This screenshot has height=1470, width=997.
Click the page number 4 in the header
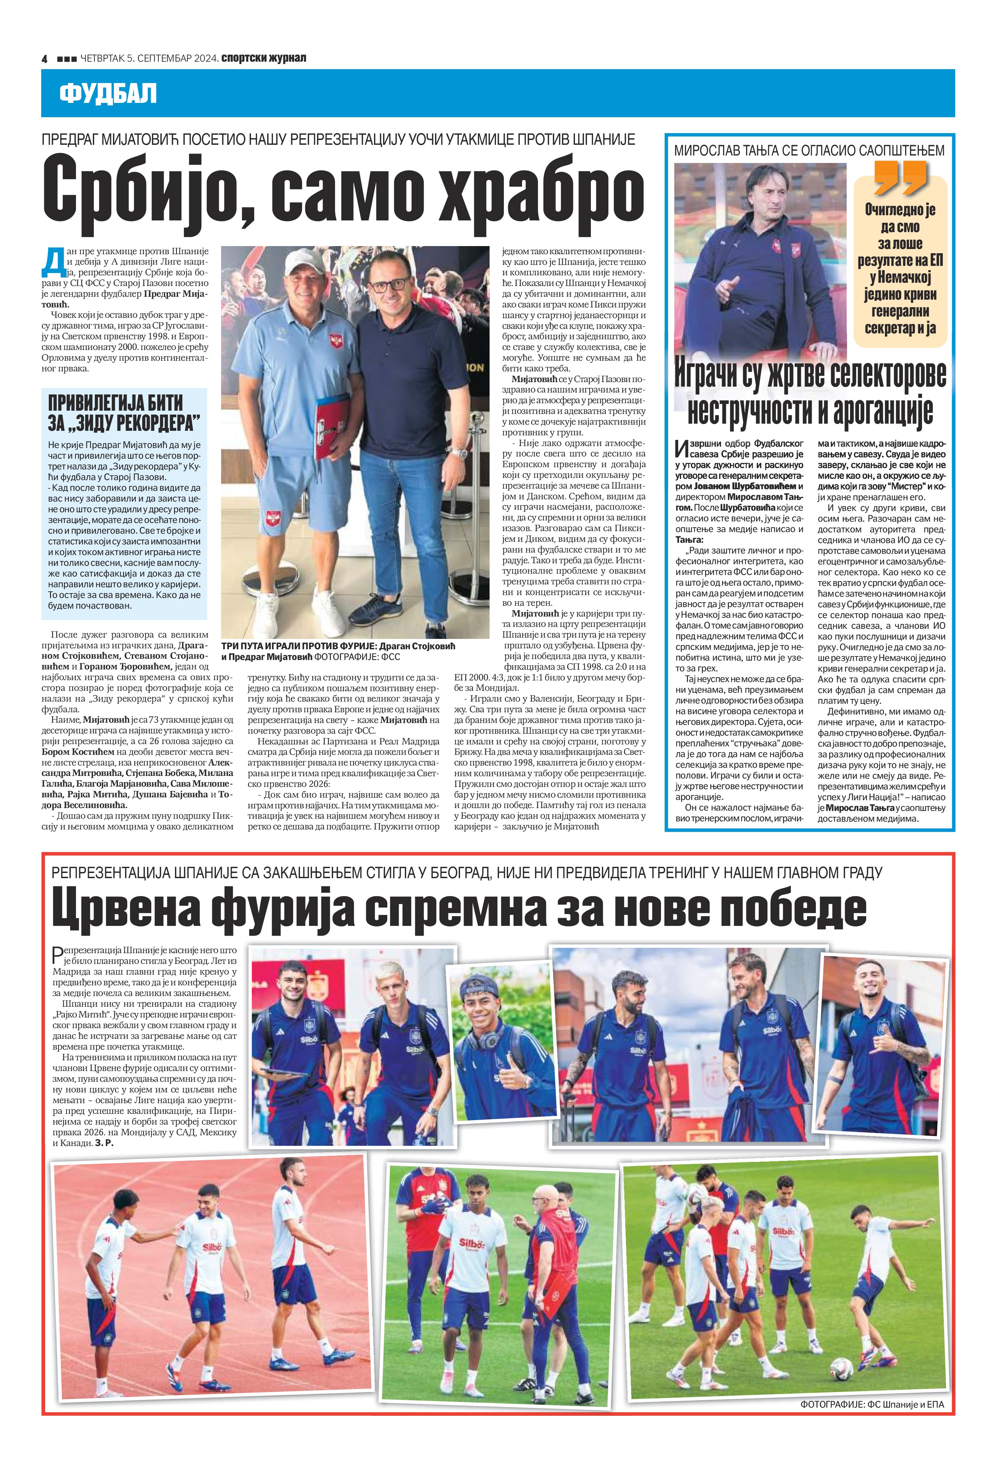click(45, 58)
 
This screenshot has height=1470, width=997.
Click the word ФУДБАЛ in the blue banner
click(107, 94)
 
